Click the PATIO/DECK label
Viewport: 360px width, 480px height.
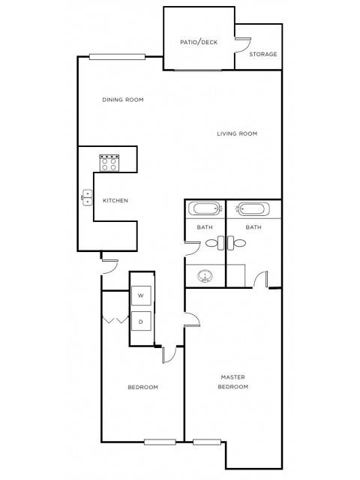coord(199,42)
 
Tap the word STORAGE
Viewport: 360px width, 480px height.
coord(263,54)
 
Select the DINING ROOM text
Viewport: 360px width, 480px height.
coord(122,100)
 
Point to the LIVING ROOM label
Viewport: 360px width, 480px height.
coord(237,133)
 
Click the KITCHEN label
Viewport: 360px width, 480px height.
coord(115,200)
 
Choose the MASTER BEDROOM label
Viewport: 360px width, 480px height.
coord(233,382)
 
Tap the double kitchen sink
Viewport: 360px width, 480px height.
coord(87,198)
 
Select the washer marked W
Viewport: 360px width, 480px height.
coord(141,296)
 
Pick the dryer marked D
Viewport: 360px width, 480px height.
coord(141,322)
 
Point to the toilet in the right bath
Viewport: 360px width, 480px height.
coord(238,243)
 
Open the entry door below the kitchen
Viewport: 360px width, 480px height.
coord(109,263)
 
